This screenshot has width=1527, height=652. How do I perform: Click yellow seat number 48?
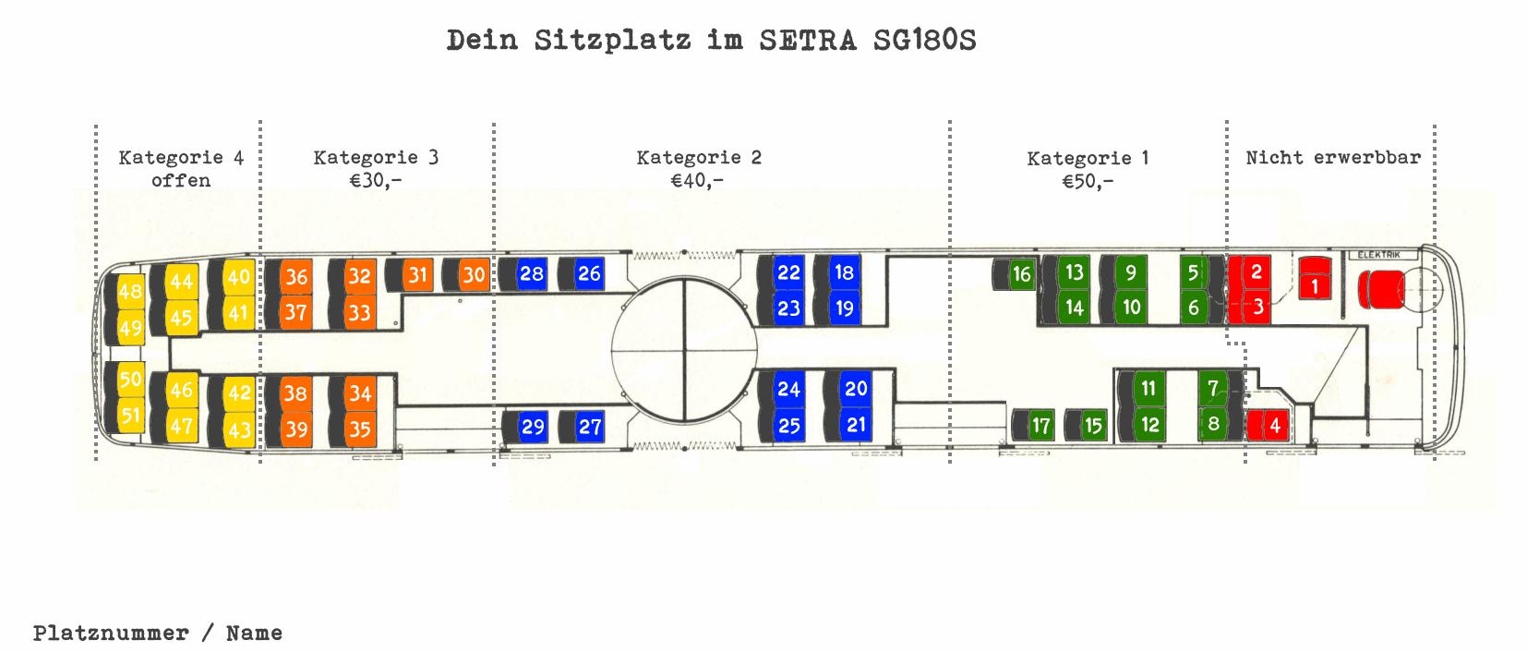click(x=130, y=291)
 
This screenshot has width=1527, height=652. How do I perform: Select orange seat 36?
click(x=296, y=276)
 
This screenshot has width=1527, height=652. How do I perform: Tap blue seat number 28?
click(x=531, y=273)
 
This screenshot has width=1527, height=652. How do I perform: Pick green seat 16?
click(x=1020, y=274)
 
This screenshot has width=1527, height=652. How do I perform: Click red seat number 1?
click(x=1315, y=285)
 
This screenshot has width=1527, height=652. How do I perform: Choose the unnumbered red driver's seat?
click(x=1382, y=289)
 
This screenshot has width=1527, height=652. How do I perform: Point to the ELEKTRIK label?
click(x=1379, y=255)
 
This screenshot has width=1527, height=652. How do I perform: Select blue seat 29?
click(x=533, y=427)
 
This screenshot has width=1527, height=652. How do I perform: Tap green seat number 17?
click(x=1040, y=426)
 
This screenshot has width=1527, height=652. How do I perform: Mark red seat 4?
click(x=1275, y=426)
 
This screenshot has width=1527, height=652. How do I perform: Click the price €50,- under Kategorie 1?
click(x=1087, y=181)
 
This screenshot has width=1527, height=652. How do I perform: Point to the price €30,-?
click(x=375, y=180)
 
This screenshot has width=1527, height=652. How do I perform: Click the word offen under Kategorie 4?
click(x=180, y=180)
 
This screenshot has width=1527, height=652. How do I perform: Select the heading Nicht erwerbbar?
click(x=1332, y=157)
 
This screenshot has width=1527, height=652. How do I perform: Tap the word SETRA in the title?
click(x=808, y=41)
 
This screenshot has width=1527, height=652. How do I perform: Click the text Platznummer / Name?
click(x=158, y=633)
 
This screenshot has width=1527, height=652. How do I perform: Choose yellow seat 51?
click(x=130, y=416)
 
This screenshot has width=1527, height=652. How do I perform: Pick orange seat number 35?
click(x=359, y=429)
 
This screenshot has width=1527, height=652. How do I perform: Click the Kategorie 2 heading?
click(x=698, y=157)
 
